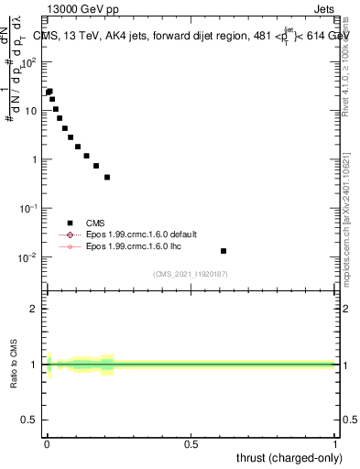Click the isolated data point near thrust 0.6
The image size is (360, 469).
coord(224,250)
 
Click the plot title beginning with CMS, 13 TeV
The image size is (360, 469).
coord(189,36)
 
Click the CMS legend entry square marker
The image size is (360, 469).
coord(70,223)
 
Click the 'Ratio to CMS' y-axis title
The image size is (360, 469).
coord(16,365)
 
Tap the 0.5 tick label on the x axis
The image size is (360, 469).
coord(191,444)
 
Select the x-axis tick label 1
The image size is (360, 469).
coord(335,444)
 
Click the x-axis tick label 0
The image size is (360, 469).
coord(46,444)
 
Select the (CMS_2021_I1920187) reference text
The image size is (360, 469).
coord(190,274)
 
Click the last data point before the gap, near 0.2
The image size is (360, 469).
coord(107,177)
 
